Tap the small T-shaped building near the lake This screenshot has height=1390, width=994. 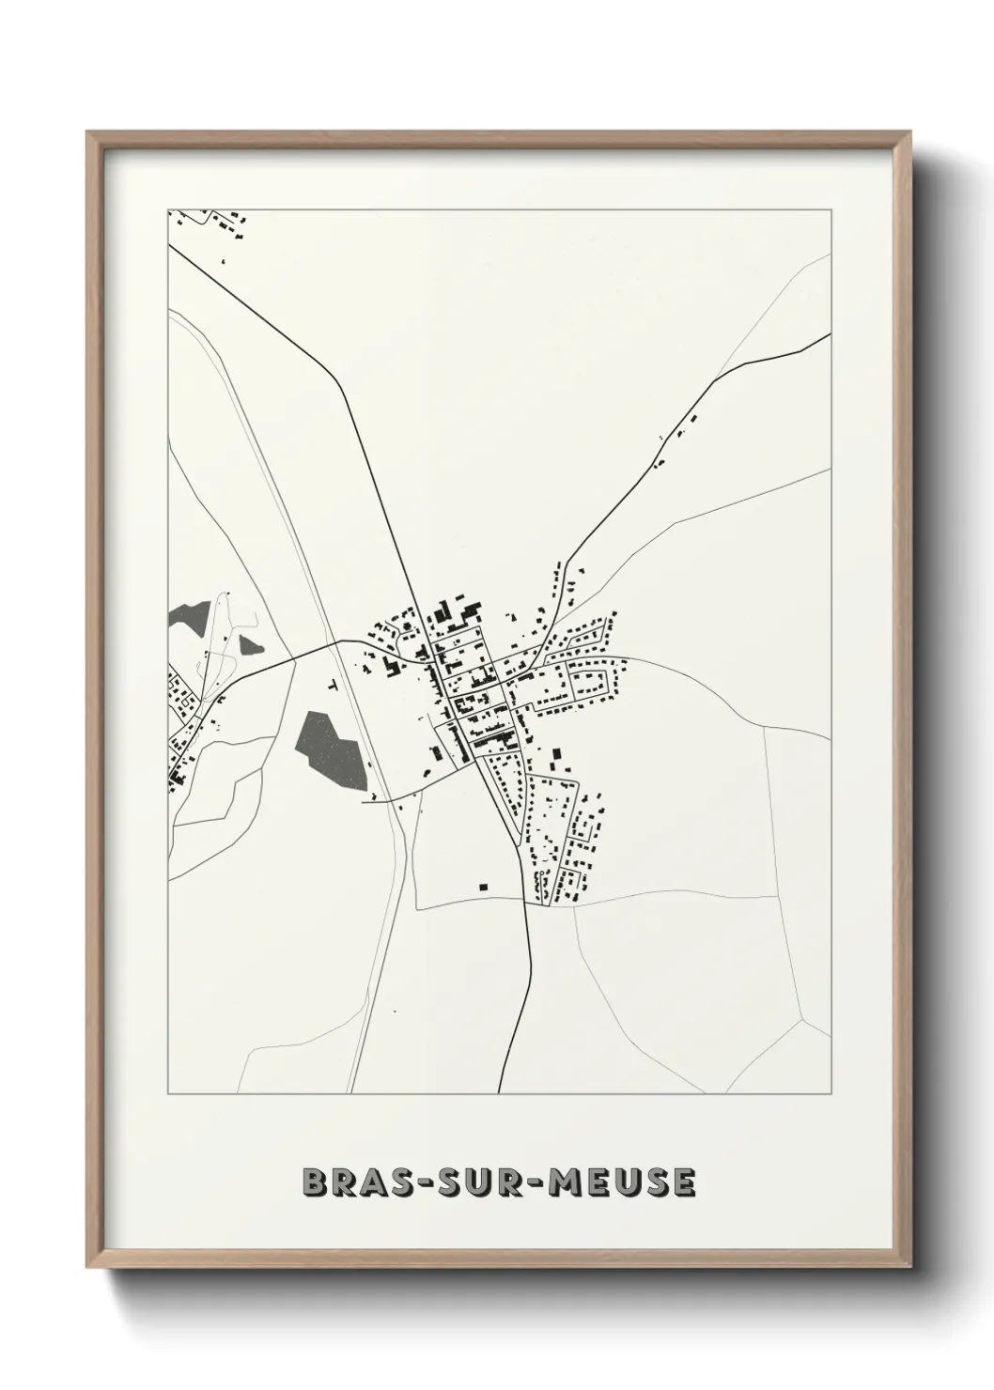[333, 687]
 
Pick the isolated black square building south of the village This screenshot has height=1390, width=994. [484, 885]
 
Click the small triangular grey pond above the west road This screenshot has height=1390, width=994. [249, 645]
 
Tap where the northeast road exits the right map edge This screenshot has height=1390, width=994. [830, 333]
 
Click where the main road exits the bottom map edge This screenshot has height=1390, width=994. [500, 1092]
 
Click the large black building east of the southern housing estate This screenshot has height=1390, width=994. [554, 755]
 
